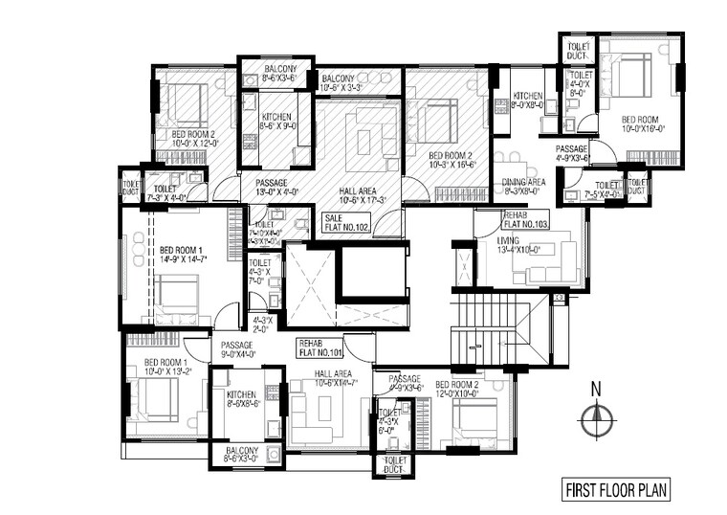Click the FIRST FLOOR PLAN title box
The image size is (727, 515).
tap(616, 491)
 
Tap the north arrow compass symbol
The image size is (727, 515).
tap(595, 414)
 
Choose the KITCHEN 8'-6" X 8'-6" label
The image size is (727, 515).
tap(240, 399)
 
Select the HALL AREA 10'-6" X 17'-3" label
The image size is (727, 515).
tap(355, 195)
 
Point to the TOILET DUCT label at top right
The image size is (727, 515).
tap(578, 50)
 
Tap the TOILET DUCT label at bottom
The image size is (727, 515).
tap(394, 464)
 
